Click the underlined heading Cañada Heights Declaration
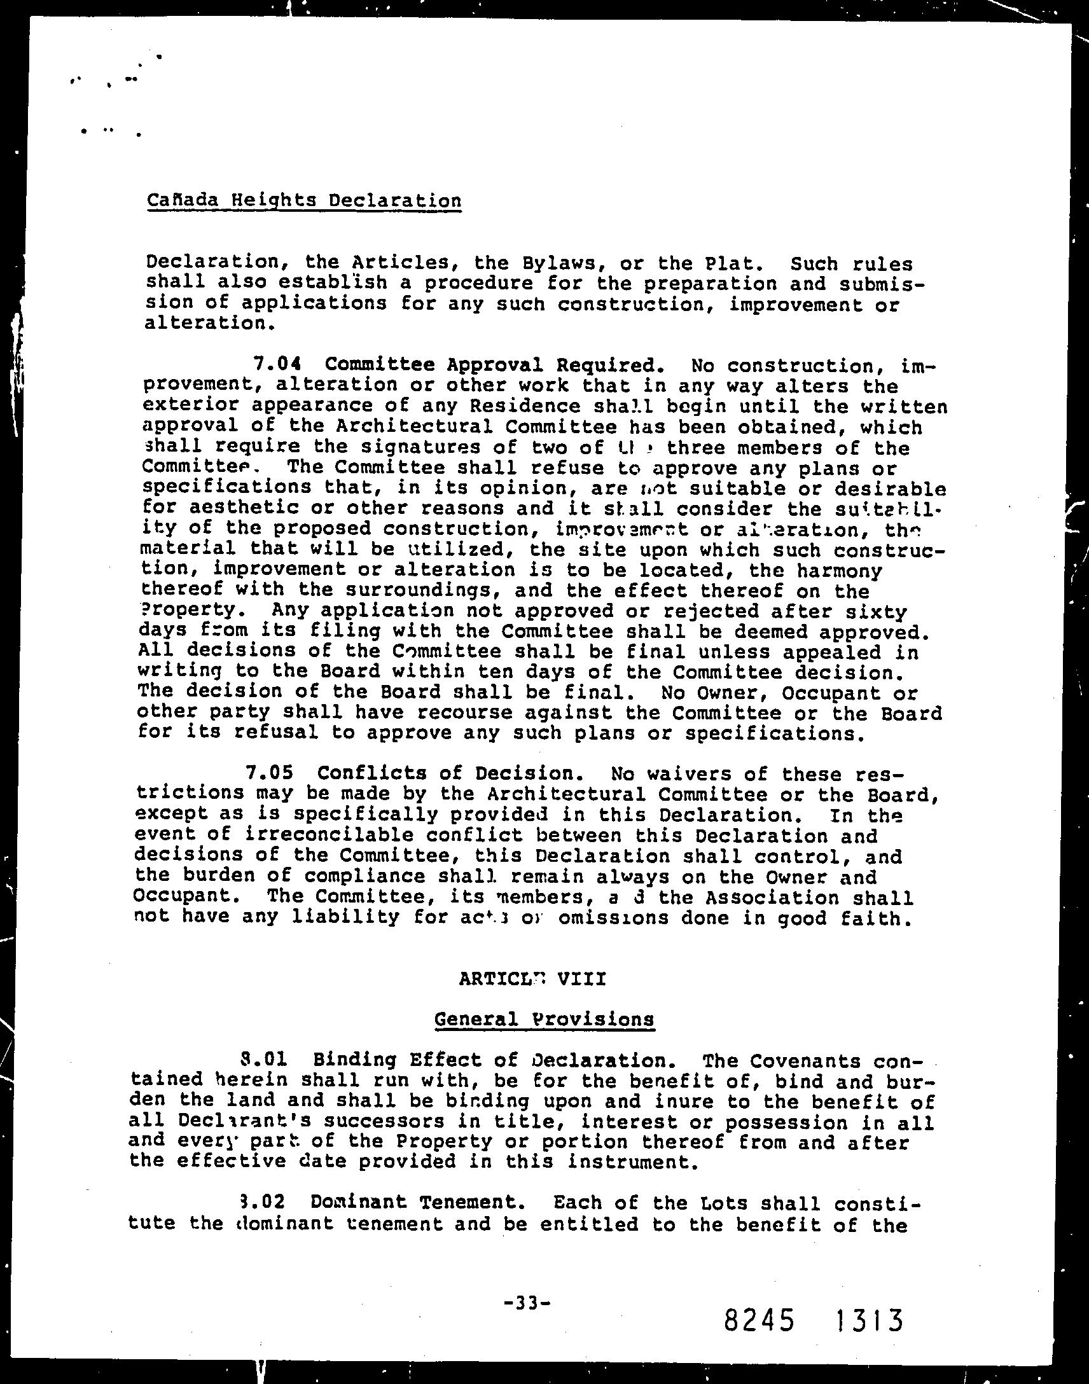pyautogui.click(x=303, y=201)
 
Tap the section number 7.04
pyautogui.click(x=277, y=364)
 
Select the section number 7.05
pyautogui.click(x=270, y=773)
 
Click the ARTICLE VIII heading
pyautogui.click(x=532, y=978)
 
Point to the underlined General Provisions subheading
pyautogui.click(x=544, y=1019)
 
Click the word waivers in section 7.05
pyautogui.click(x=649, y=773)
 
